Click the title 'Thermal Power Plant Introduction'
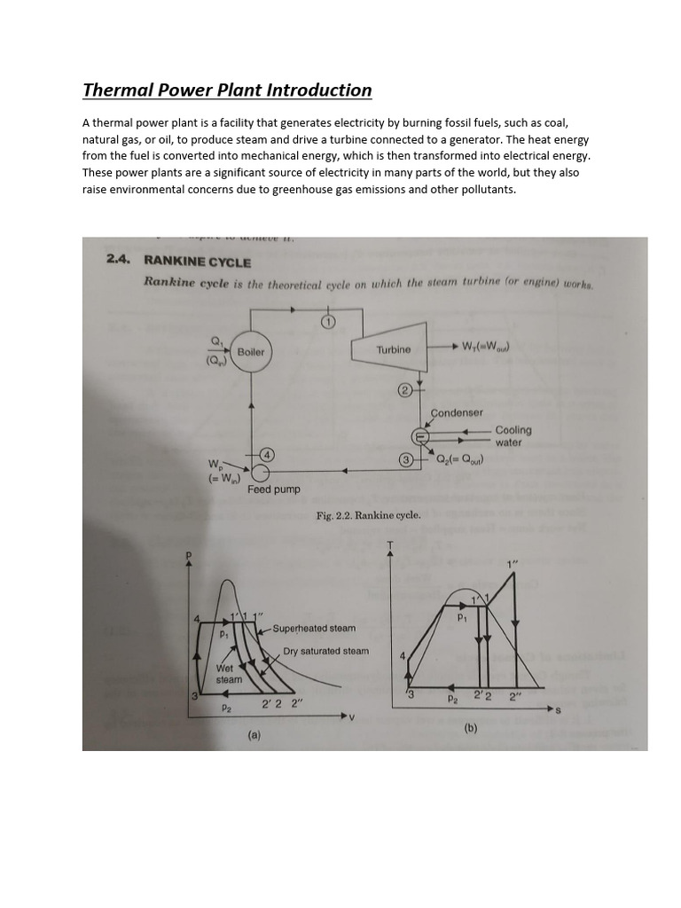click(x=227, y=90)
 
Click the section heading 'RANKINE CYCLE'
click(x=197, y=262)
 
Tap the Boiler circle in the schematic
click(x=251, y=352)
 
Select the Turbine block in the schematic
click(x=393, y=349)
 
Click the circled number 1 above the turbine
click(x=327, y=321)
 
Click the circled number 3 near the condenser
click(x=405, y=459)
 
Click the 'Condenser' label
click(x=457, y=413)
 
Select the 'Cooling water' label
click(x=512, y=436)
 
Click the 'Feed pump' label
click(x=274, y=489)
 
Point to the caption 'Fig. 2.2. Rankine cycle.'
click(x=368, y=515)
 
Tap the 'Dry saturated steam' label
click(x=325, y=651)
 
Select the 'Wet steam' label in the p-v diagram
click(x=229, y=674)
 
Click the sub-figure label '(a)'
click(x=254, y=735)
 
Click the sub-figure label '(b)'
click(x=471, y=728)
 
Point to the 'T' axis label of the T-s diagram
click(x=388, y=544)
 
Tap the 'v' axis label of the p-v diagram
click(x=351, y=717)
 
